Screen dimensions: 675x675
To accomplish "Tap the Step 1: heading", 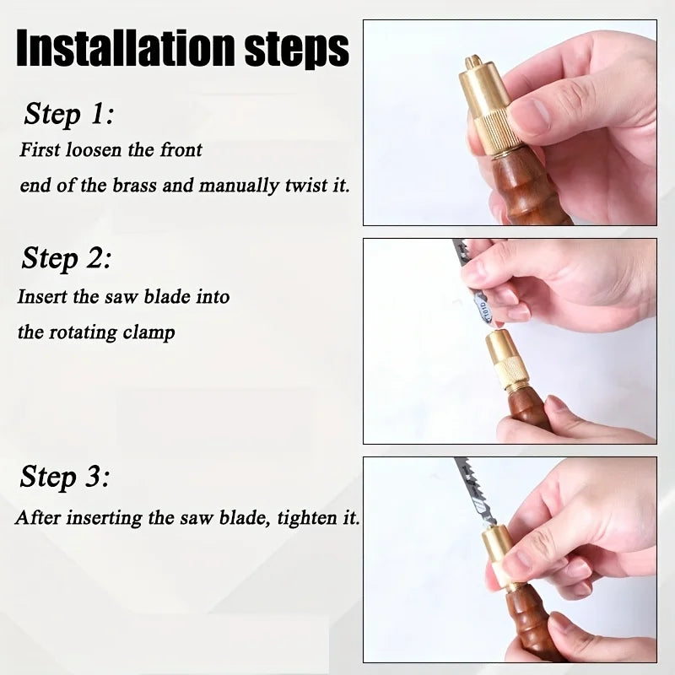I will pos(69,113).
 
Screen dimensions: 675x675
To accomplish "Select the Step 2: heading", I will pos(66,258).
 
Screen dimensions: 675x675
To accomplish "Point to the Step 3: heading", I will pos(64,478).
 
